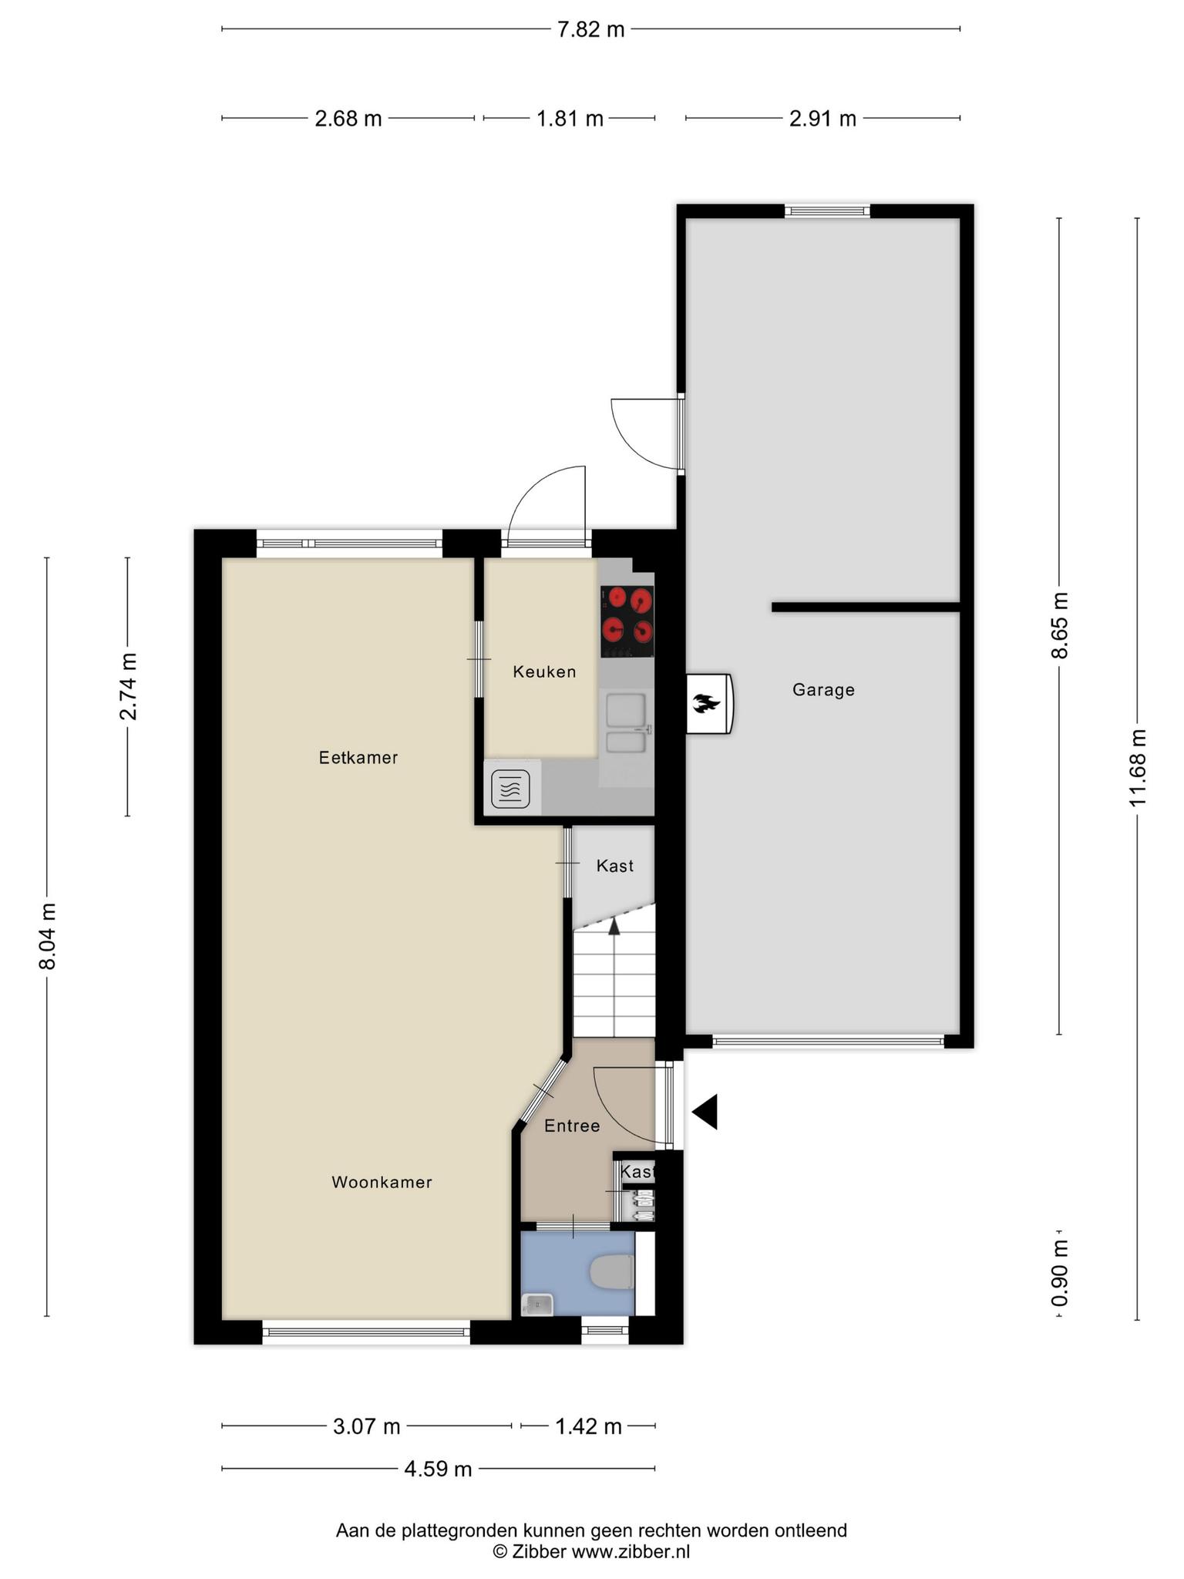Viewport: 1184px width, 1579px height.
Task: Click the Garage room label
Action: [823, 690]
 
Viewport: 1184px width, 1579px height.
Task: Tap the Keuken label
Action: [544, 672]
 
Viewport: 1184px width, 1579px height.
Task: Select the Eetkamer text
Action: [358, 758]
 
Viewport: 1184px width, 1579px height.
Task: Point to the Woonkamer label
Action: [382, 1182]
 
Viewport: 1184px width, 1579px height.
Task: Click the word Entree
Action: [572, 1126]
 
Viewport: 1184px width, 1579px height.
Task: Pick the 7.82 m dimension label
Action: [591, 29]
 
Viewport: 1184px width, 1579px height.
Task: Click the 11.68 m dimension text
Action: [1138, 767]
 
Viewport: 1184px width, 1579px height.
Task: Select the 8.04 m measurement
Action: [48, 936]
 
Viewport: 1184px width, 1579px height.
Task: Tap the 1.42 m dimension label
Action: [589, 1426]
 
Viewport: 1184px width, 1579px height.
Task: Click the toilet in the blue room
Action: [611, 1273]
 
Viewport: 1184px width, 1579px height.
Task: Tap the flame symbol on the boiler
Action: [705, 703]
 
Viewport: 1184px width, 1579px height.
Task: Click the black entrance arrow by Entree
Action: [705, 1112]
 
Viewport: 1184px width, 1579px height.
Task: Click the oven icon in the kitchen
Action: [510, 789]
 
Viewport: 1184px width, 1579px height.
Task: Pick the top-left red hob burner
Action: [617, 597]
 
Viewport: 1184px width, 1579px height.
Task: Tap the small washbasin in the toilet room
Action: [536, 1304]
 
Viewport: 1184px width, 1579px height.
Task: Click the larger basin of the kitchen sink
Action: [625, 710]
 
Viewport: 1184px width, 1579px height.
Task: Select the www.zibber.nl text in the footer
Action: [631, 1552]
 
